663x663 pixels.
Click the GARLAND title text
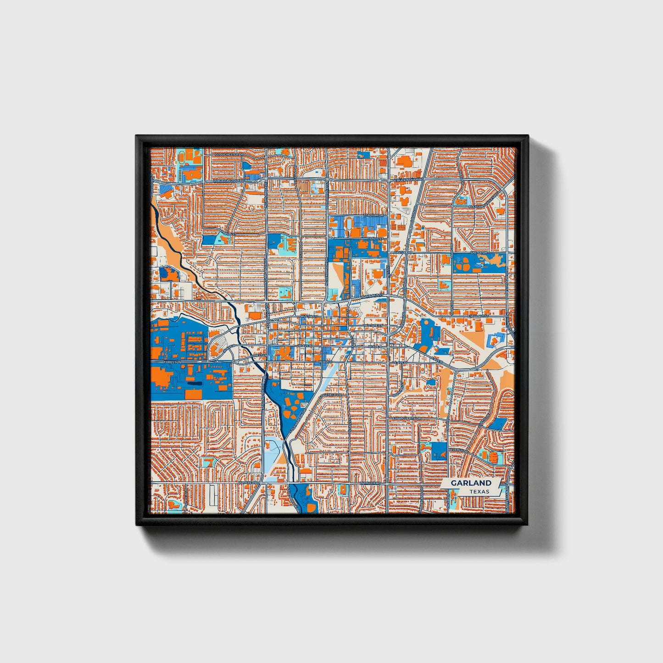[x=470, y=483]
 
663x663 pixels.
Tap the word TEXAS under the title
[x=479, y=491]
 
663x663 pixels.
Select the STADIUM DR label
[x=373, y=215]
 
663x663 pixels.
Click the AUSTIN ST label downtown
[x=308, y=317]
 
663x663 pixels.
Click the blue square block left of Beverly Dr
[x=439, y=451]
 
